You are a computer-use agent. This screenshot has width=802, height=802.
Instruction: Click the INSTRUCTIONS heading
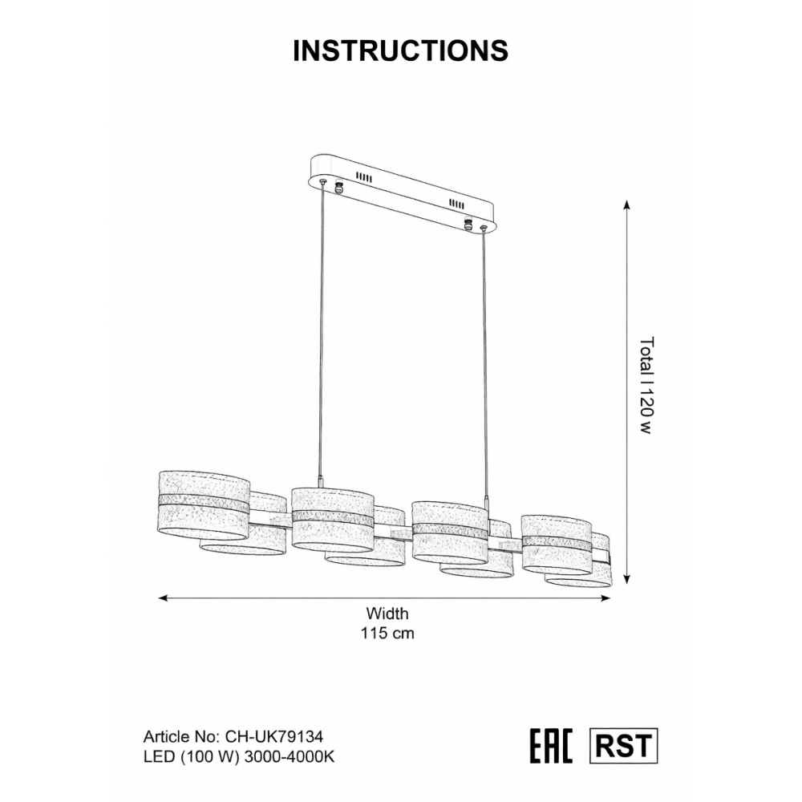pyautogui.click(x=400, y=51)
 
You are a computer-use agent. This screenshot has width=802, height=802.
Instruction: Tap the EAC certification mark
pyautogui.click(x=551, y=746)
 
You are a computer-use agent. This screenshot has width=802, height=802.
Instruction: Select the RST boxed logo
pyautogui.click(x=623, y=746)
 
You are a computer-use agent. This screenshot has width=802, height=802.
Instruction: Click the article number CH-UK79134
pyautogui.click(x=274, y=736)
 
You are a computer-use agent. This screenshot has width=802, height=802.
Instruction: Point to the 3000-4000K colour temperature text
pyautogui.click(x=290, y=757)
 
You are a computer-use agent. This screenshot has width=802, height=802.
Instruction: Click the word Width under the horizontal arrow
pyautogui.click(x=387, y=614)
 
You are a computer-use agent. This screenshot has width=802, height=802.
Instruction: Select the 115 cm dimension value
pyautogui.click(x=387, y=634)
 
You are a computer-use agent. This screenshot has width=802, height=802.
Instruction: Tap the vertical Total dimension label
pyautogui.click(x=647, y=385)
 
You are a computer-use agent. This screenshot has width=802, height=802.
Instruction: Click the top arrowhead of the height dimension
pyautogui.click(x=626, y=205)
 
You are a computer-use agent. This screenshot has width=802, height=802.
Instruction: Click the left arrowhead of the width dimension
pyautogui.click(x=164, y=598)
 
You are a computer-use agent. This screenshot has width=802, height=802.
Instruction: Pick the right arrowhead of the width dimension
pyautogui.click(x=606, y=598)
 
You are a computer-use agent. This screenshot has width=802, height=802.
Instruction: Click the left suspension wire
pyautogui.click(x=322, y=330)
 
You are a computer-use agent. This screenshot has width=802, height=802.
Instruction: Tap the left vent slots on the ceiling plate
pyautogui.click(x=363, y=177)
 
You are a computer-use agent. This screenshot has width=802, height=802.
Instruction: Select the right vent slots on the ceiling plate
pyautogui.click(x=457, y=204)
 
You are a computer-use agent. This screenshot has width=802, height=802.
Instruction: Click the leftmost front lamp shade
pyautogui.click(x=204, y=505)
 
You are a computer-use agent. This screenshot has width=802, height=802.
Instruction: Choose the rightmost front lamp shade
pyautogui.click(x=557, y=545)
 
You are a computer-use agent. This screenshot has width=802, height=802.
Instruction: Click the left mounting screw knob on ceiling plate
pyautogui.click(x=338, y=187)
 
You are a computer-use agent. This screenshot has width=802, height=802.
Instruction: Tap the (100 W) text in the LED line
pyautogui.click(x=209, y=757)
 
